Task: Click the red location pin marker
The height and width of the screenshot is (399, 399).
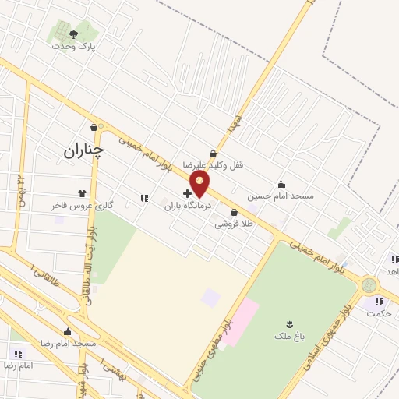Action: pyautogui.click(x=200, y=185)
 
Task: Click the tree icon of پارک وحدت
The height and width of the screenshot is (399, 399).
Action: pyautogui.click(x=73, y=34)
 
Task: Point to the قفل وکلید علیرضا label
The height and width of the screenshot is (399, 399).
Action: pyautogui.click(x=214, y=165)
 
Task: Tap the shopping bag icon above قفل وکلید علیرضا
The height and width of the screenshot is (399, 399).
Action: pyautogui.click(x=213, y=154)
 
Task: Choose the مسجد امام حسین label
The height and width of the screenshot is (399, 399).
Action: pyautogui.click(x=281, y=196)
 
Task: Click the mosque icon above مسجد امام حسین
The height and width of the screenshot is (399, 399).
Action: pyautogui.click(x=281, y=184)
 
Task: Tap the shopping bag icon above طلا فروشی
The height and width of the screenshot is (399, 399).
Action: pyautogui.click(x=234, y=212)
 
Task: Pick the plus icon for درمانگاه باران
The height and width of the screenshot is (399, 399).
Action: pyautogui.click(x=187, y=192)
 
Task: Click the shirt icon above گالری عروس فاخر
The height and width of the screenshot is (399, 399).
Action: pyautogui.click(x=82, y=193)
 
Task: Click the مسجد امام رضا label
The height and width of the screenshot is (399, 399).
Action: pyautogui.click(x=69, y=343)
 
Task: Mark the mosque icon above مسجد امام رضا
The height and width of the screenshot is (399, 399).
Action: pyautogui.click(x=68, y=331)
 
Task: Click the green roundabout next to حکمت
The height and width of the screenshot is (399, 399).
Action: pyautogui.click(x=369, y=286)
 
